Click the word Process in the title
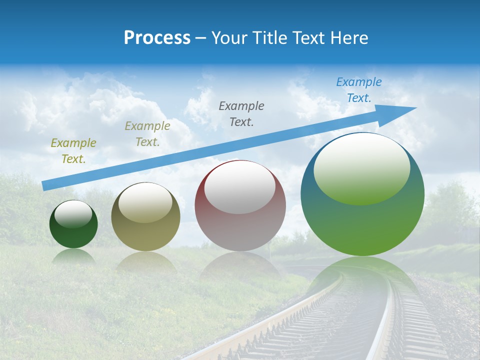[157, 38]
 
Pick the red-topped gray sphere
[240, 225]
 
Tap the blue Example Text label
[359, 90]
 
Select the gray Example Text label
[241, 113]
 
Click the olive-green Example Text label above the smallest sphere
[73, 150]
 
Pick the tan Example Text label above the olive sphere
[147, 133]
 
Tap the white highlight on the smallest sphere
[73, 213]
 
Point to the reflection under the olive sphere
[145, 262]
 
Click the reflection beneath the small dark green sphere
[73, 256]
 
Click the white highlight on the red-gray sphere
[239, 187]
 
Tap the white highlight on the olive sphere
[145, 202]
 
